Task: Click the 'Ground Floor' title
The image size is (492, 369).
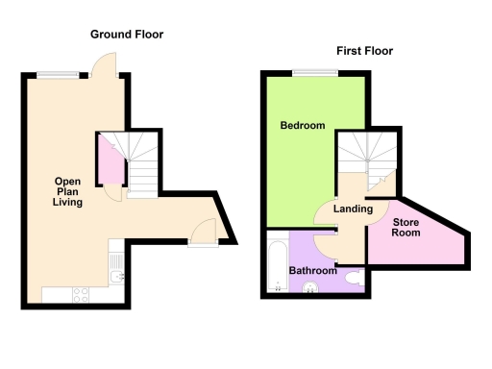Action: pos(127,35)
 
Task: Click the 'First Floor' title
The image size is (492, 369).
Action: pos(364,51)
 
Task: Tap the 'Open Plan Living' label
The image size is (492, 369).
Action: pos(67,191)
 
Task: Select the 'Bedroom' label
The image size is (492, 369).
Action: pos(302,126)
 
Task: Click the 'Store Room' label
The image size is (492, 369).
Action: pos(410,229)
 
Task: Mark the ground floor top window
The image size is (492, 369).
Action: pos(60,71)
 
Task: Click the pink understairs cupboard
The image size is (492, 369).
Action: pos(110,161)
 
